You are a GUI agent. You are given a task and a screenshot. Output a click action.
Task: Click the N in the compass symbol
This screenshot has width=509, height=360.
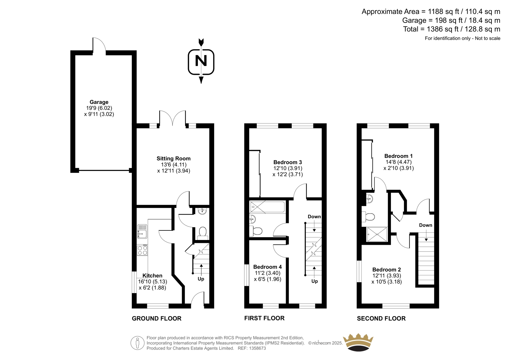point(201,61)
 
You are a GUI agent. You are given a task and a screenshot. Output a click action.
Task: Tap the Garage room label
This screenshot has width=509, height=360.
point(99,102)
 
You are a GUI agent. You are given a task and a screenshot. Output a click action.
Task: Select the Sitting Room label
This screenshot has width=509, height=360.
point(173,158)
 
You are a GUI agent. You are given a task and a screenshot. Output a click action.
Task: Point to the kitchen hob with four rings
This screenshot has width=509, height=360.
point(142,250)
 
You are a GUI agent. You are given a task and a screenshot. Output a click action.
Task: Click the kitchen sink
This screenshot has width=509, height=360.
point(142,231)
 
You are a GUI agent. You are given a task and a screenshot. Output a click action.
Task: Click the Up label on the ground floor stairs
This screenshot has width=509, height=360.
point(201,279)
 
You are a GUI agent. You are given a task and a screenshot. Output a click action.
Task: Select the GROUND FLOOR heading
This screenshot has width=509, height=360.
point(157,318)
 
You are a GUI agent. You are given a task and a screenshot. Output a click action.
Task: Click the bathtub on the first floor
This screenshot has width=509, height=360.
point(267,207)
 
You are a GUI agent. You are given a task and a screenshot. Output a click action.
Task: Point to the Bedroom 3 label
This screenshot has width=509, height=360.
point(288,162)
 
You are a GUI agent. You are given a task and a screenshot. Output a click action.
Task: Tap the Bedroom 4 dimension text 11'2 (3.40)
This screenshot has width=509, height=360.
point(268,273)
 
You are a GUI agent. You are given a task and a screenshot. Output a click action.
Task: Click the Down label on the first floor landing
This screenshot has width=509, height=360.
point(314,216)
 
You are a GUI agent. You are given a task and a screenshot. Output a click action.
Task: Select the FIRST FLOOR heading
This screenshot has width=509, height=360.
point(264,318)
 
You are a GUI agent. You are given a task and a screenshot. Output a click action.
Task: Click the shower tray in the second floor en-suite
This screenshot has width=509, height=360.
point(377,234)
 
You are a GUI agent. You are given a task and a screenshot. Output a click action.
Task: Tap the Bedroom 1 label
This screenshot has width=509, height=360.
point(398,156)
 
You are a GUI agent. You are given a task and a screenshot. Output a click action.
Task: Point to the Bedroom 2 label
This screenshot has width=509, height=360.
point(387,270)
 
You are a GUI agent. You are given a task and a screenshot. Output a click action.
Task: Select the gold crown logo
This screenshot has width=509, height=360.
point(358,342)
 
